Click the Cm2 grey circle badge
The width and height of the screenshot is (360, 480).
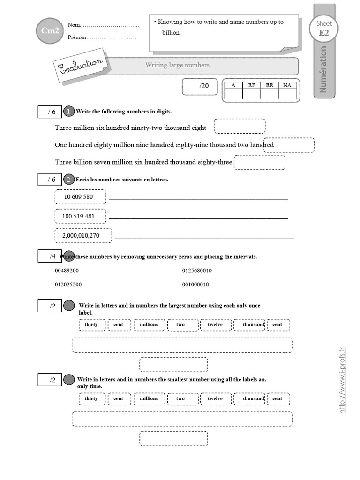click(x=49, y=31)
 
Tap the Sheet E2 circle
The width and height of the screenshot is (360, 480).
click(x=324, y=28)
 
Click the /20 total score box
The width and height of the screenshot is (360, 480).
click(x=200, y=86)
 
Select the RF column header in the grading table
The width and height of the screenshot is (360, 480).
click(x=251, y=85)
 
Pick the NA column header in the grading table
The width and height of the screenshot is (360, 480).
click(x=287, y=85)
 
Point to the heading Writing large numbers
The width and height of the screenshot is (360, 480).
click(x=177, y=65)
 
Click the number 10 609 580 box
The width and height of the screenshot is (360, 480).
click(x=80, y=197)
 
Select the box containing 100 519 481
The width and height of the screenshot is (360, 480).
click(x=80, y=216)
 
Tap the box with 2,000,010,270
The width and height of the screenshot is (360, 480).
click(x=83, y=236)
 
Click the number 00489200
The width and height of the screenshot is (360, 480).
click(x=67, y=271)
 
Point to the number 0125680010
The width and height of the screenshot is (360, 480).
click(x=197, y=271)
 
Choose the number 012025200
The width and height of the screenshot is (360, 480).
click(x=68, y=285)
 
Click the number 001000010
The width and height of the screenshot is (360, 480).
click(x=195, y=285)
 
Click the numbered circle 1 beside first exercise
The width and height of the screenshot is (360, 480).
click(x=68, y=111)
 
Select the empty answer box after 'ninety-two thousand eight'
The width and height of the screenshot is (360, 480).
click(x=240, y=126)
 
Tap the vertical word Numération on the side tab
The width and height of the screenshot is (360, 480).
click(x=323, y=69)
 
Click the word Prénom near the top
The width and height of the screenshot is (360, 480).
click(x=77, y=37)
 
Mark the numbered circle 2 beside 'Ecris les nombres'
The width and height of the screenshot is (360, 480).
click(x=68, y=180)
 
